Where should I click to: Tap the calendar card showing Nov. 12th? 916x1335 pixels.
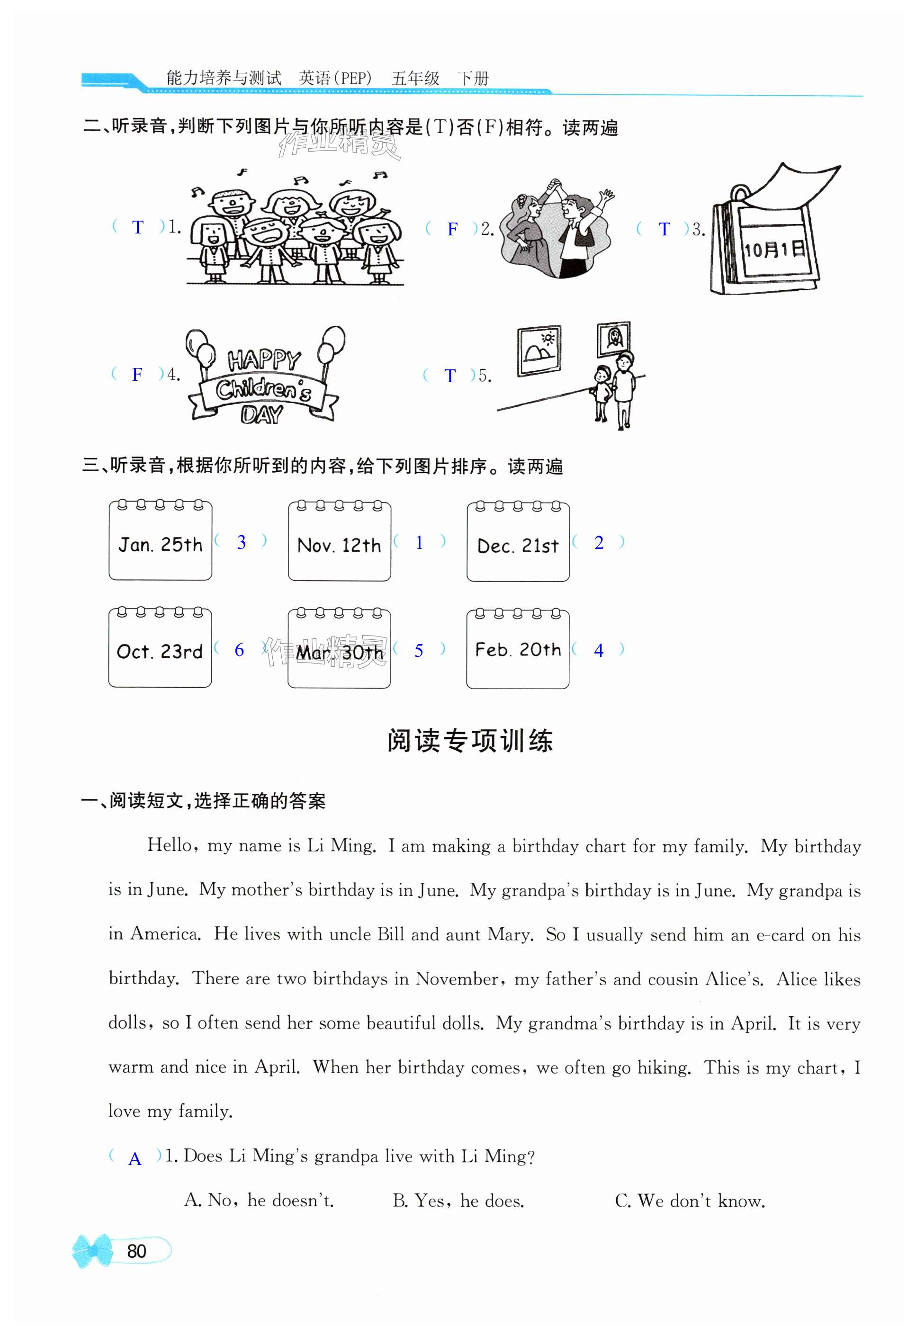point(339,542)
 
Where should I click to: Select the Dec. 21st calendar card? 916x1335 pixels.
point(518,542)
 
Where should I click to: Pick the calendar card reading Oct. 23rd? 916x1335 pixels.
point(160,648)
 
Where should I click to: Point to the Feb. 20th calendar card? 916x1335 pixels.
point(518,649)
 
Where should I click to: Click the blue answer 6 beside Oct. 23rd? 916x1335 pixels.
point(240,650)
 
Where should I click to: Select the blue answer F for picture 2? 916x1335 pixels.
point(452,229)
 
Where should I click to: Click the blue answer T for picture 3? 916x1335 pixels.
point(665,229)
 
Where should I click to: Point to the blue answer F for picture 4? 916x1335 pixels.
point(137,375)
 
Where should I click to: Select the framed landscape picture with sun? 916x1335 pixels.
point(539,350)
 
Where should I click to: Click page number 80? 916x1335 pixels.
point(137,1251)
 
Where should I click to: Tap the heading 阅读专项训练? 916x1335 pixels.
point(469,741)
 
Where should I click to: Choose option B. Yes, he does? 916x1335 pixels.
point(458,1201)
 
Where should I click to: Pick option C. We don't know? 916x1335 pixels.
point(690,1201)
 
